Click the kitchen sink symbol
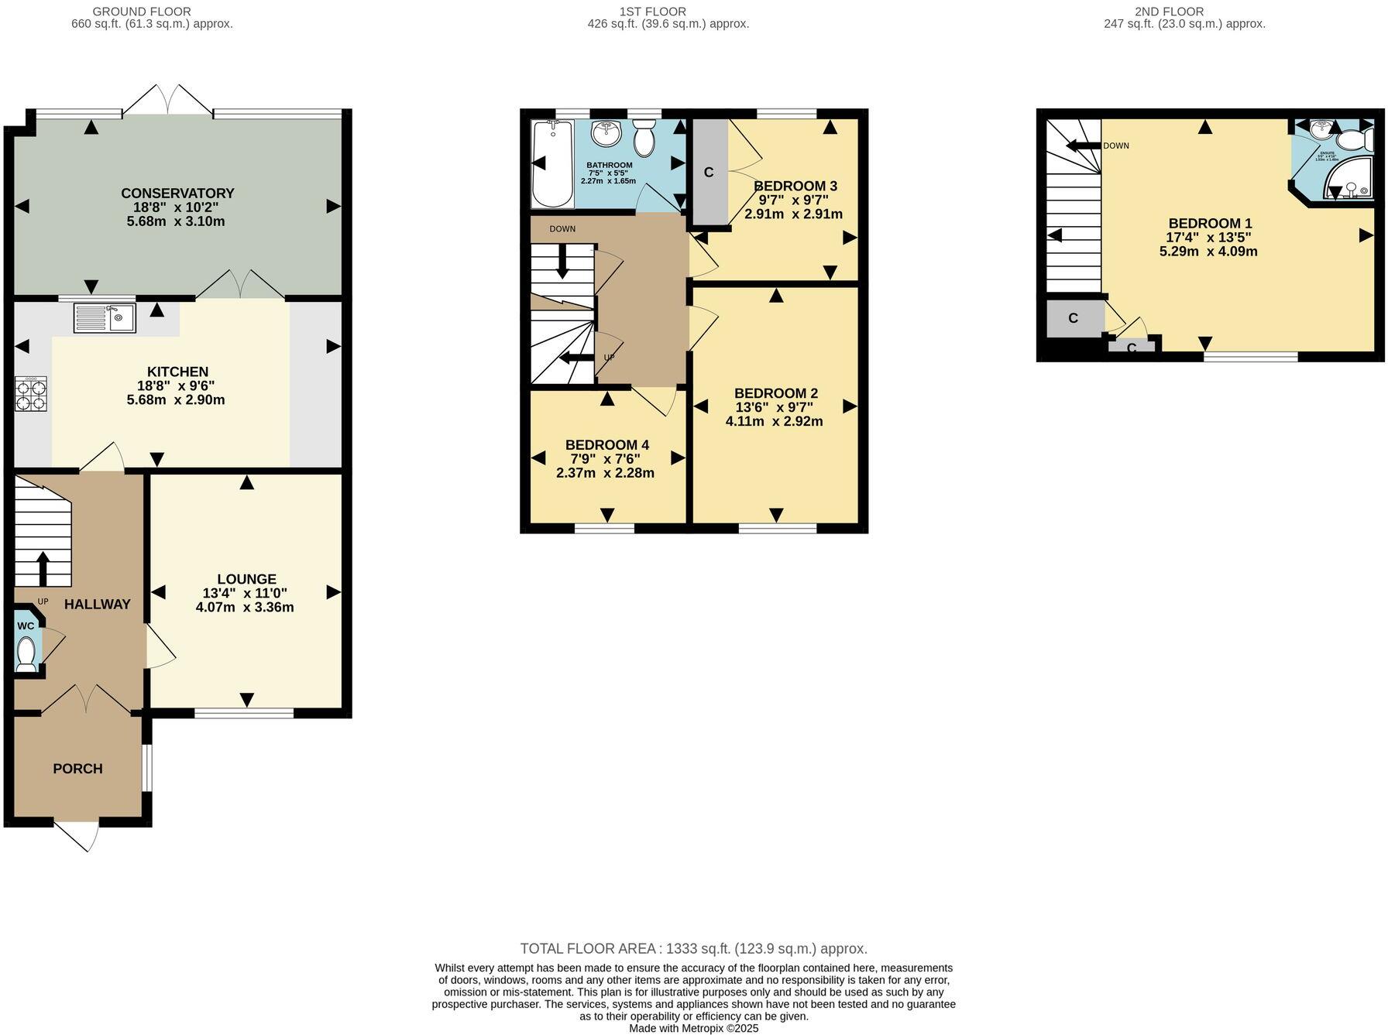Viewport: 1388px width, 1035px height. [x=105, y=317]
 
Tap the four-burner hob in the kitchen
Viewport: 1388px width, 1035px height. [x=31, y=393]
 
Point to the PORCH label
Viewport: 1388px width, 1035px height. [x=77, y=769]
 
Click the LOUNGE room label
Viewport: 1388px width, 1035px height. [x=246, y=579]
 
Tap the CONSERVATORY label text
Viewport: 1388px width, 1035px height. [x=177, y=193]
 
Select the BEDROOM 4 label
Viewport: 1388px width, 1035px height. [x=606, y=444]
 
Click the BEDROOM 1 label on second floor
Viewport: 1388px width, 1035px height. [x=1210, y=223]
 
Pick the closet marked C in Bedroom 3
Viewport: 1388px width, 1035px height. [x=709, y=172]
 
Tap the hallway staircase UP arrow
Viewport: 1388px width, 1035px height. [x=43, y=567]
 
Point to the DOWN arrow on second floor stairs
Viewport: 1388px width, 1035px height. [x=1083, y=146]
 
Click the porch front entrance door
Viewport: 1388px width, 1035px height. [x=77, y=835]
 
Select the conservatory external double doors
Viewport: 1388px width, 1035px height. [x=168, y=101]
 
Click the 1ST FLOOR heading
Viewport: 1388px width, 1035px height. [x=652, y=12]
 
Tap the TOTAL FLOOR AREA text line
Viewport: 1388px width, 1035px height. [x=693, y=948]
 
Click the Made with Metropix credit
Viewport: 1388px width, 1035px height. [x=693, y=1028]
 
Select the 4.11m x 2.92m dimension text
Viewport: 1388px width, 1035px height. [x=774, y=422]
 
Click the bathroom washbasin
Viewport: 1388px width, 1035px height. [x=606, y=133]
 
